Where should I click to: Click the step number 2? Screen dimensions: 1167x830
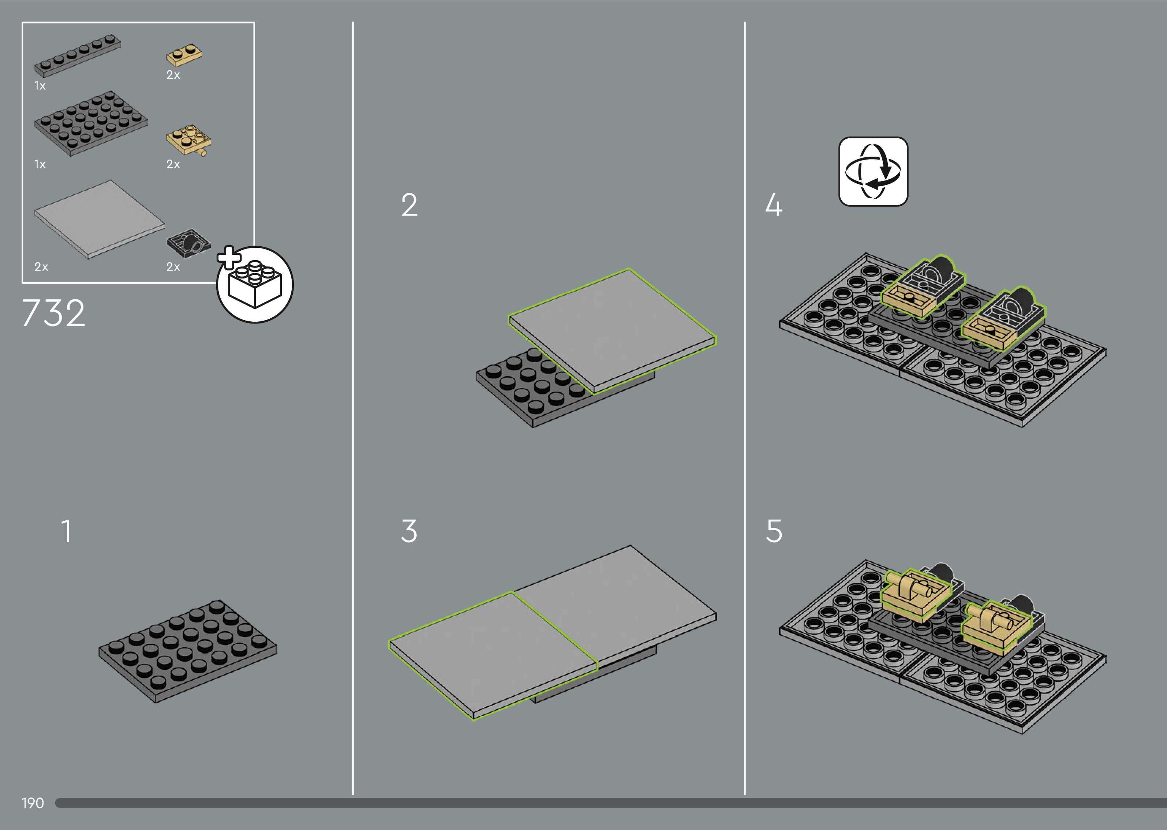(x=409, y=205)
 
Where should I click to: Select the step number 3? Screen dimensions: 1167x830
(x=409, y=531)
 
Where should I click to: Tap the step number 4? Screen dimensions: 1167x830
(x=774, y=205)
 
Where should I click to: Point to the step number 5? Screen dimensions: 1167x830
(x=774, y=531)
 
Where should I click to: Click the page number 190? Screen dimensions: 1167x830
(x=33, y=803)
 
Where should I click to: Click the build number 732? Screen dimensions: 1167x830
(x=53, y=313)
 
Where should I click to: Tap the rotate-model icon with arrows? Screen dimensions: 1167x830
(x=873, y=171)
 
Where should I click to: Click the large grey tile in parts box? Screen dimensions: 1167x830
(x=100, y=219)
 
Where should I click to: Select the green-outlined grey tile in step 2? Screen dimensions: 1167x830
(x=613, y=331)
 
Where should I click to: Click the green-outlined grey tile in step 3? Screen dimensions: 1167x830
(x=493, y=656)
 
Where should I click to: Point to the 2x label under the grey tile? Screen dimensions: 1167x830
(x=41, y=267)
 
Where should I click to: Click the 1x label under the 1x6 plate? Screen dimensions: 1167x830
(x=40, y=86)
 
